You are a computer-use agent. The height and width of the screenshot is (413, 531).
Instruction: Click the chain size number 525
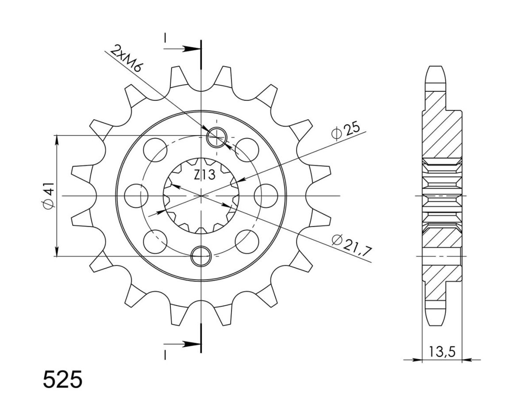(62, 380)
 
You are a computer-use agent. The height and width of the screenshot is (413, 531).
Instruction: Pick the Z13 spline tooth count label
(204, 175)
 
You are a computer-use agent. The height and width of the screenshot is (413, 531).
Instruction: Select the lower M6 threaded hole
(201, 255)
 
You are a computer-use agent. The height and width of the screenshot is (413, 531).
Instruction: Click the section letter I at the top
(165, 39)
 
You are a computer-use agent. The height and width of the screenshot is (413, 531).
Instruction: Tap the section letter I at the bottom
(165, 354)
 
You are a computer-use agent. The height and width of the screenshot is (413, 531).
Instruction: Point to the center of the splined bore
(201, 195)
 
